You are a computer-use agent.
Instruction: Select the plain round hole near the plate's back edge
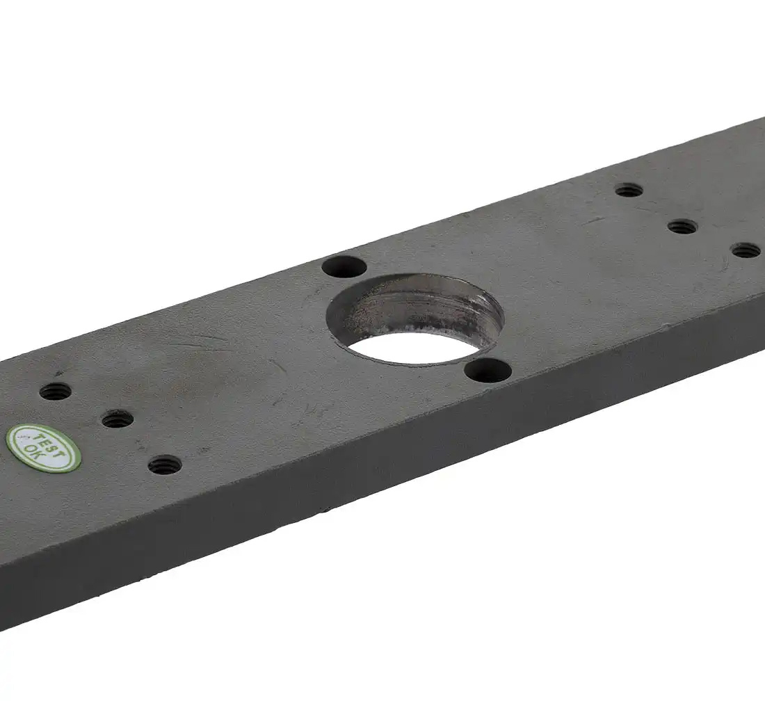coord(344,267)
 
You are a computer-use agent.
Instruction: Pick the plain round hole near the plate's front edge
coord(488,371)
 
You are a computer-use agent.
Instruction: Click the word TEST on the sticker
coord(49,443)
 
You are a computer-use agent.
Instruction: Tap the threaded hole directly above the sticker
coord(56,391)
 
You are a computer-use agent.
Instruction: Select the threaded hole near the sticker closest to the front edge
coord(165,465)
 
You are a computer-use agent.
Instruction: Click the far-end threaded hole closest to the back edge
coord(629,190)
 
